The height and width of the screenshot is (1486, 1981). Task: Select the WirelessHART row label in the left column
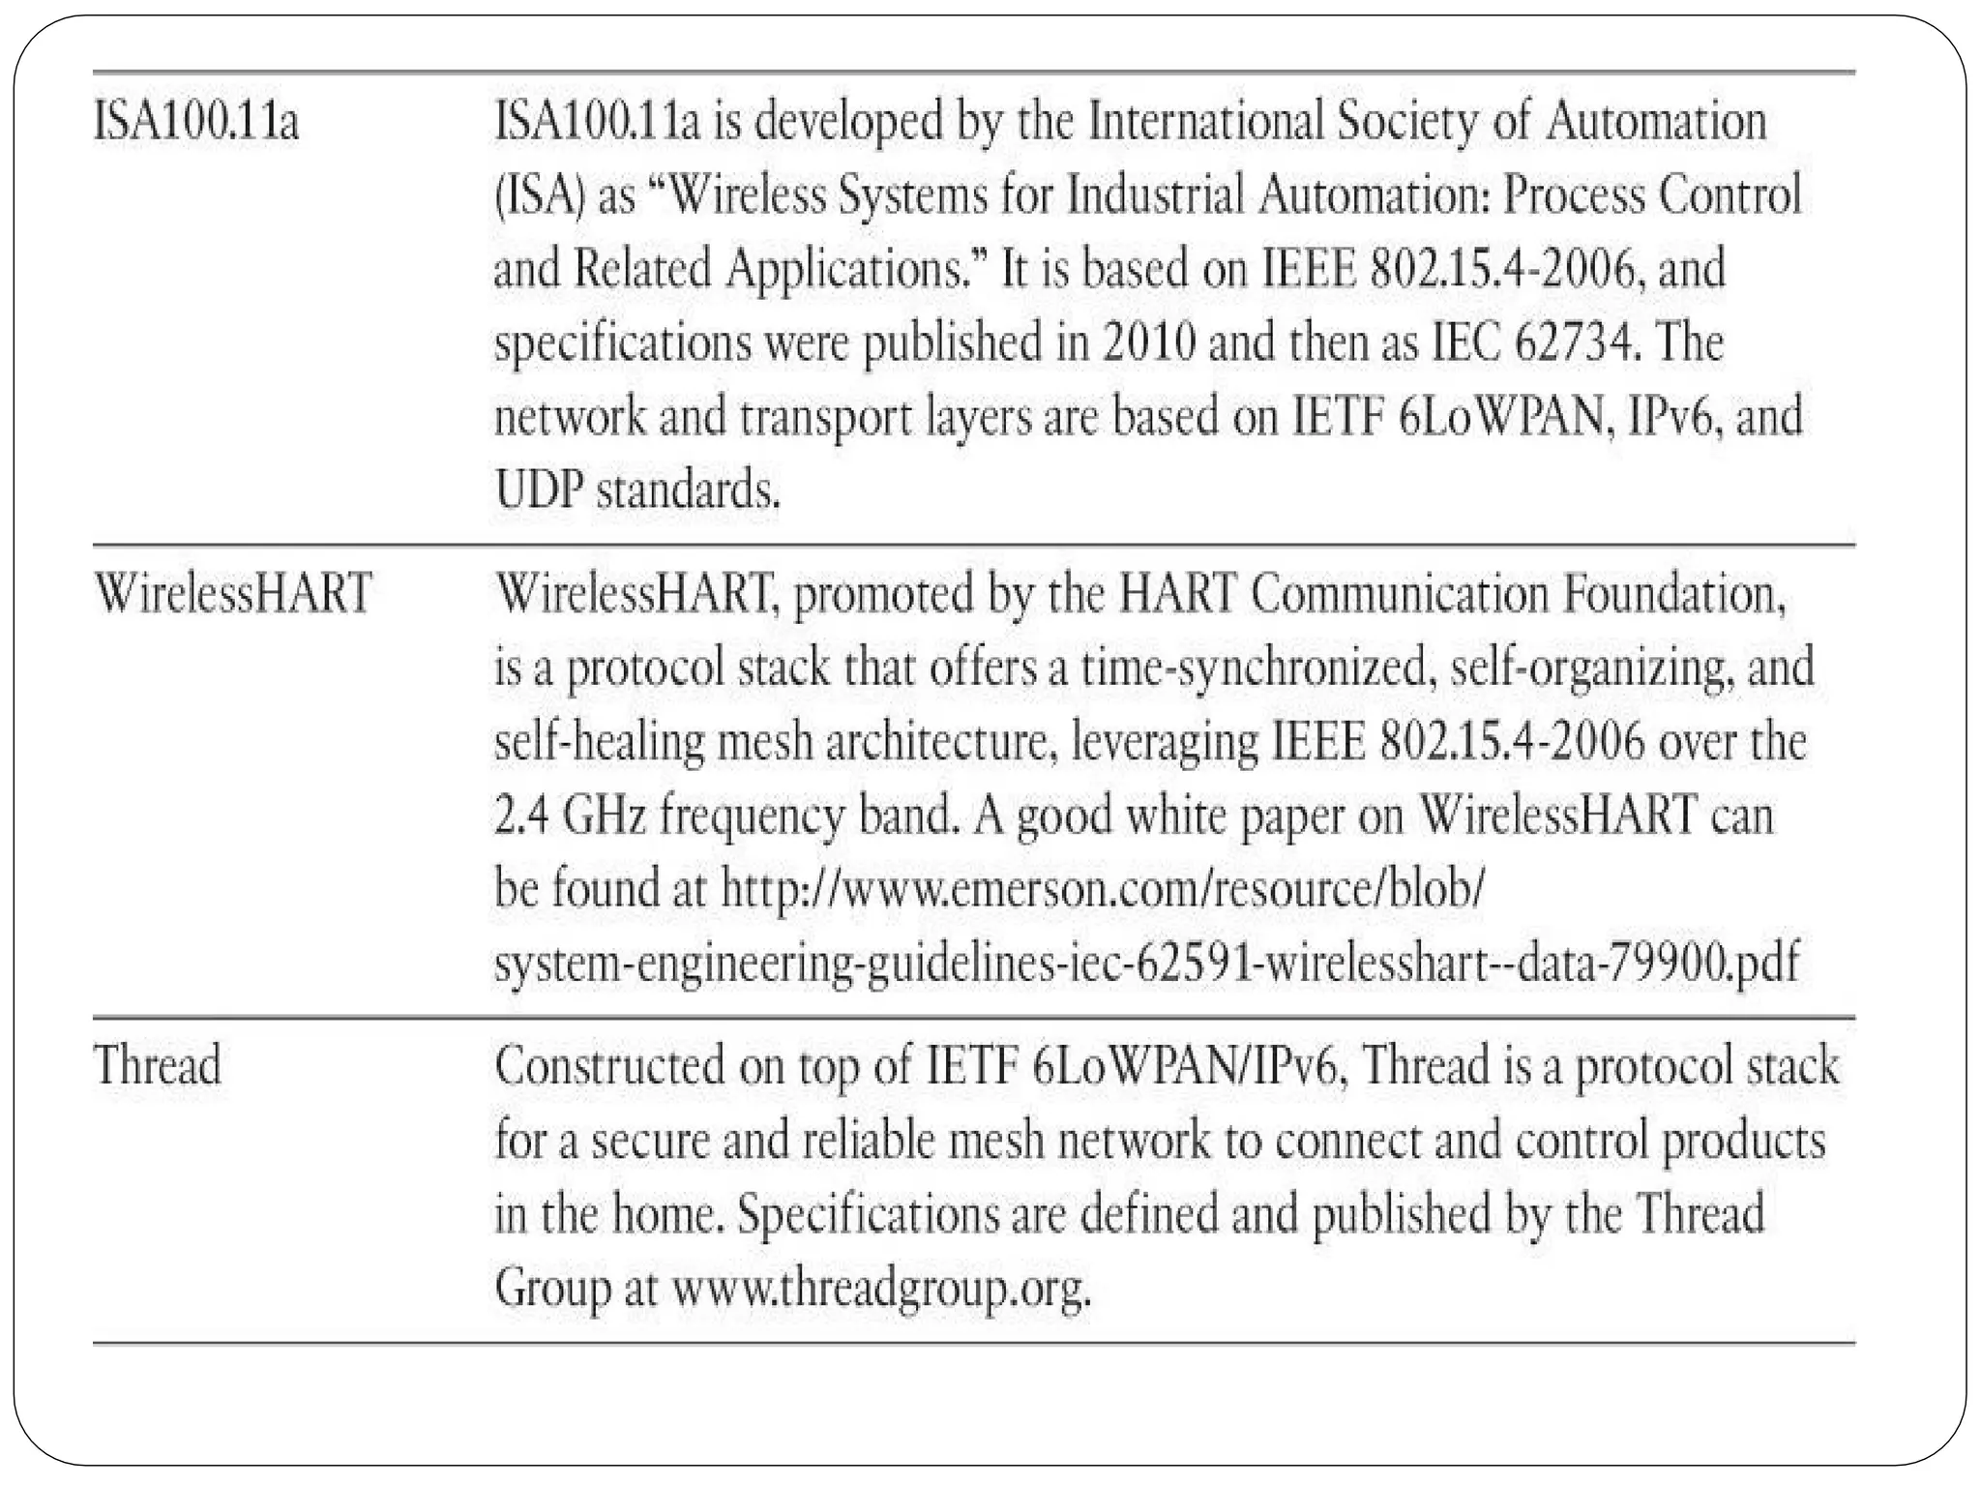[x=233, y=593]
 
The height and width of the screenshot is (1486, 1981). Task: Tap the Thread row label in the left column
[x=158, y=1065]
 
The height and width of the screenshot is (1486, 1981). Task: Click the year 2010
[x=1148, y=343]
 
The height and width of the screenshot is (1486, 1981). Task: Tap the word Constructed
[x=610, y=1065]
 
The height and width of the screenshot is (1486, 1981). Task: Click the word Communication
[x=1400, y=593]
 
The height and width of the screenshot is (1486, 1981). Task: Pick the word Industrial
[x=1155, y=196]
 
